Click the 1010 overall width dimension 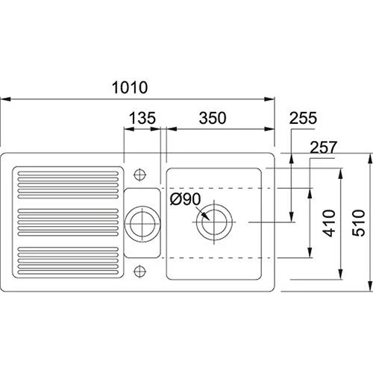(x=130, y=87)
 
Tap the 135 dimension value (x=142, y=118)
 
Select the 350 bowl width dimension (x=213, y=118)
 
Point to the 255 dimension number (x=303, y=118)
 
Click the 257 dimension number (x=324, y=147)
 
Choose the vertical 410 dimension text (x=329, y=223)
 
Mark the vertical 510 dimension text (x=359, y=223)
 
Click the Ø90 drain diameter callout (x=185, y=199)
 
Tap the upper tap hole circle (x=140, y=175)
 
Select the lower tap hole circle (x=140, y=271)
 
